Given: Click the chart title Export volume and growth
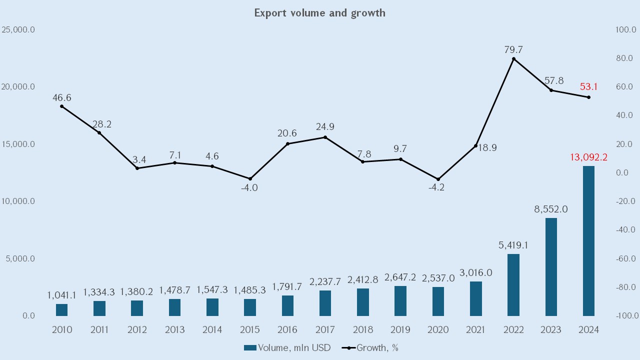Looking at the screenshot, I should [x=320, y=13].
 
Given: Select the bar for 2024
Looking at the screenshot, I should [x=588, y=241].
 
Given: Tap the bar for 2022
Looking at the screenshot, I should [x=513, y=285].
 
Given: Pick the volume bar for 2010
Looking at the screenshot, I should [x=61, y=310].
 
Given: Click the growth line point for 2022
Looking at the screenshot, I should [x=513, y=59].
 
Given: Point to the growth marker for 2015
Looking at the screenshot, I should [x=250, y=178].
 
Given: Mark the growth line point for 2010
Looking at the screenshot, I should [x=61, y=106].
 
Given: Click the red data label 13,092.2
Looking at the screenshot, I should [x=588, y=157].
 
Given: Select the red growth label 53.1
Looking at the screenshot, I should [x=588, y=87].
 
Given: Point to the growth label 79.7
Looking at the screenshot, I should [x=513, y=50].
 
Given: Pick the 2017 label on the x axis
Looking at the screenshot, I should [x=325, y=330].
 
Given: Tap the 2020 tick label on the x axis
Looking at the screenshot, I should [x=438, y=330].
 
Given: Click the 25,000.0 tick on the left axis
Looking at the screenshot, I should [x=18, y=29].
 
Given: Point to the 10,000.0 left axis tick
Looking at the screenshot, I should [x=18, y=201].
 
